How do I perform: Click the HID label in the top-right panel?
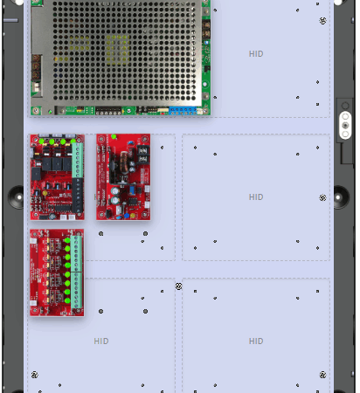pos(256,54)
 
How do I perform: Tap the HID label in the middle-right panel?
pos(256,197)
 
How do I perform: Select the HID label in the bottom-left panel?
pos(101,341)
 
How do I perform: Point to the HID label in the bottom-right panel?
pos(256,341)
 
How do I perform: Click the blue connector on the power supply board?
pos(183,111)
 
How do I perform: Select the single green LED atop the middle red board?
pos(114,136)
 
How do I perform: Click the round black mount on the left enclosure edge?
pos(17,197)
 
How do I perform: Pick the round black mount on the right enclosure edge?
pos(341,197)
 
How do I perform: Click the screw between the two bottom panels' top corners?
pos(178,286)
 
